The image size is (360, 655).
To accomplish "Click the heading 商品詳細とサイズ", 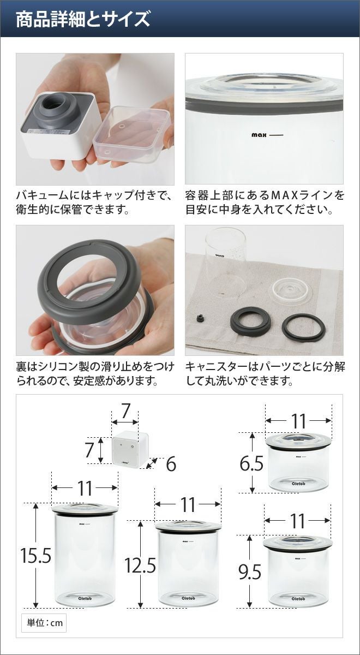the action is [x=83, y=19].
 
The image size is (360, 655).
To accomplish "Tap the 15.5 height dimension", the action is [x=35, y=556].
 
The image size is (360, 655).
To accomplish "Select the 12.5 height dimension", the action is [x=140, y=565].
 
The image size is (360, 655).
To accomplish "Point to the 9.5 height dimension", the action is [x=250, y=572].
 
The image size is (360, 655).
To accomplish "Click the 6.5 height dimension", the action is [x=251, y=463].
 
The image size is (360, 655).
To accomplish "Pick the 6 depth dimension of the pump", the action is [x=171, y=464].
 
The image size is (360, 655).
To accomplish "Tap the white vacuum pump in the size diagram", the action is [x=130, y=449].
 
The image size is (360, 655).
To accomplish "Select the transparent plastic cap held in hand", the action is [x=133, y=134].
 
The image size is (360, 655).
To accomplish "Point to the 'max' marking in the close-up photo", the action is [x=259, y=135].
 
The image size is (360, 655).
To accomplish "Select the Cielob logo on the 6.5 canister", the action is [x=298, y=484].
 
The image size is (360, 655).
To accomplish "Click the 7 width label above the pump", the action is [x=125, y=411].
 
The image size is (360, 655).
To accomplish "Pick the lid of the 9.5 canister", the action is [x=297, y=543].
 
